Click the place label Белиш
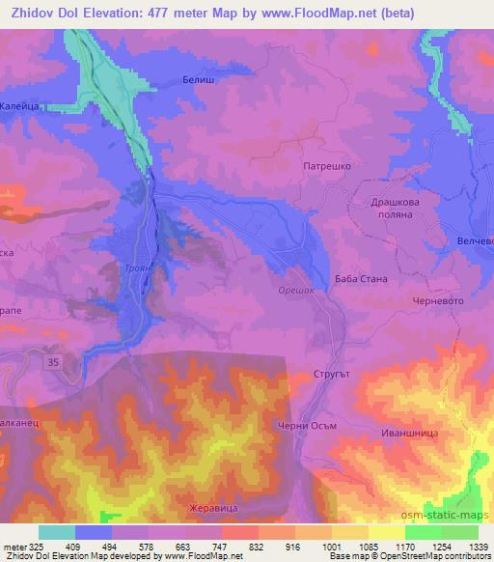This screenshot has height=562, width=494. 197,83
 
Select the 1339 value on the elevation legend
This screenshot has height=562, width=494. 478,547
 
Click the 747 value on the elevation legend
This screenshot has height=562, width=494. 220,547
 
